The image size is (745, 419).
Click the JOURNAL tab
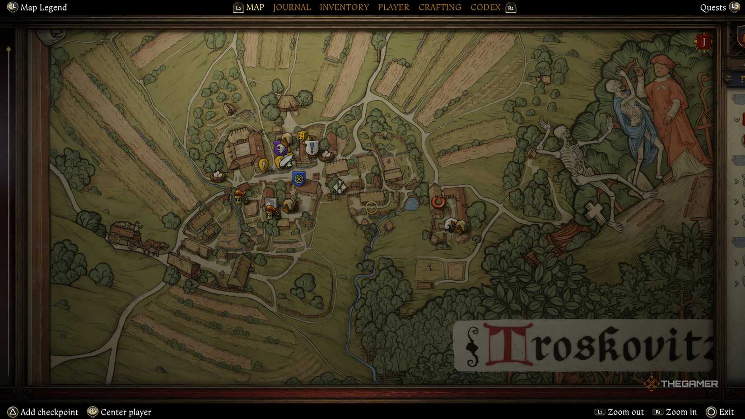click(292, 7)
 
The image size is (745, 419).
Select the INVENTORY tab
click(344, 7)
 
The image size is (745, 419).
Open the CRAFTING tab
click(440, 7)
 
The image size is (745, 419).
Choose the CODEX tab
click(485, 7)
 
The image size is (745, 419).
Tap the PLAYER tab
click(394, 7)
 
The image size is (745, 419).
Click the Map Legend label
click(43, 7)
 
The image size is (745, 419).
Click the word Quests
click(712, 7)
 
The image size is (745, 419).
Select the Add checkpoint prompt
click(49, 412)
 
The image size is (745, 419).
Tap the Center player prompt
click(126, 412)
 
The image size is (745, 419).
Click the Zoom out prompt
click(625, 412)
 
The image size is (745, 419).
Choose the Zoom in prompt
click(681, 412)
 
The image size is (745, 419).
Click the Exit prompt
click(726, 412)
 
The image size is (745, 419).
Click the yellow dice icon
click(303, 135)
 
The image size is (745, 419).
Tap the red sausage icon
click(438, 202)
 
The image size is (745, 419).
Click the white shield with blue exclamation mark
click(312, 147)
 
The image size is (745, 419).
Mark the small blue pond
click(411, 204)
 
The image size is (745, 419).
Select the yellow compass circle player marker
click(372, 207)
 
